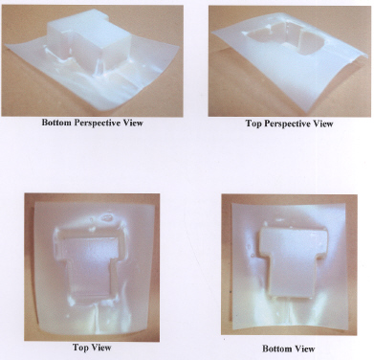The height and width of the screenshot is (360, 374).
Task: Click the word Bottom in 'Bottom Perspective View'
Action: point(56,123)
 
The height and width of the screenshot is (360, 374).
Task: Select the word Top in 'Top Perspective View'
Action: point(253,124)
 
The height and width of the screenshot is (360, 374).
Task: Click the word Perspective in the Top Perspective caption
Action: point(288,124)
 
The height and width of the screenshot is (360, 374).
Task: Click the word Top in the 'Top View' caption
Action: point(80,348)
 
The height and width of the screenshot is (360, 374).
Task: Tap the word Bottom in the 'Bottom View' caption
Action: point(277,349)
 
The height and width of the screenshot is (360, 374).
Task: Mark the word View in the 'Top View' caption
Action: point(101,348)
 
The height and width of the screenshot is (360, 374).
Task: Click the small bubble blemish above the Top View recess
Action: point(106,218)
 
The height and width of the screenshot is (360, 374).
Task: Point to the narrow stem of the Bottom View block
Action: point(291,275)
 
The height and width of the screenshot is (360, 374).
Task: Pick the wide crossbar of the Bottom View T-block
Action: point(292,237)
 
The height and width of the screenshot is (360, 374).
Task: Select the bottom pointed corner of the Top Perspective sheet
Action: point(304,113)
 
